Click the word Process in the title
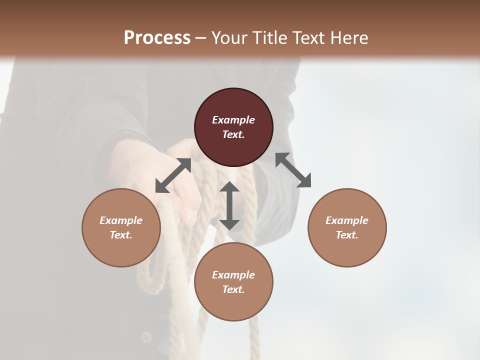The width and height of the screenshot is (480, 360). point(157,37)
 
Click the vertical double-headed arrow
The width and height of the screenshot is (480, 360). point(229,206)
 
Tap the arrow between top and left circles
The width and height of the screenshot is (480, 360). point(173,175)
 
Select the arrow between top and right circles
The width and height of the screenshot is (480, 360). point(293,170)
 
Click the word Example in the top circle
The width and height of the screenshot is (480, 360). point(233,120)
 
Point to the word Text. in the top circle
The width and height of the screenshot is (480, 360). point(233,134)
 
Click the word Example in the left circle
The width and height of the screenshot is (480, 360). point(121,220)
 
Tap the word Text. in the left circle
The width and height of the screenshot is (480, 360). point(121,235)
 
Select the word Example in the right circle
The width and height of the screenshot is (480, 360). point(347,220)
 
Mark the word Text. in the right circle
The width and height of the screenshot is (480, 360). point(347,235)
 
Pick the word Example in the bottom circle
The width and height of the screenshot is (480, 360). point(233,275)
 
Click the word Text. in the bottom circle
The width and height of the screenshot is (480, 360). point(233,289)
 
